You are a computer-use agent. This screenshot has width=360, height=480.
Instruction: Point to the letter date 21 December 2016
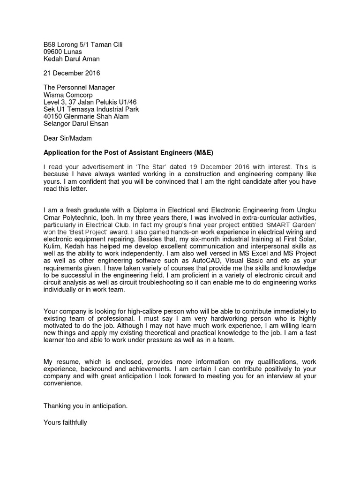click(x=72, y=73)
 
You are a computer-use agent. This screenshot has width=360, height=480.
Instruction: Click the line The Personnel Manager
click(x=79, y=88)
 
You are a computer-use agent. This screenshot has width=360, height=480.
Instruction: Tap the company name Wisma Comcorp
click(x=69, y=95)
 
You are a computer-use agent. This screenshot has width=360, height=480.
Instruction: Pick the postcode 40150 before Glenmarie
click(x=53, y=116)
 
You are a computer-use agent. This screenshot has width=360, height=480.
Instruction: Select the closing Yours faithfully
click(x=65, y=422)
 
